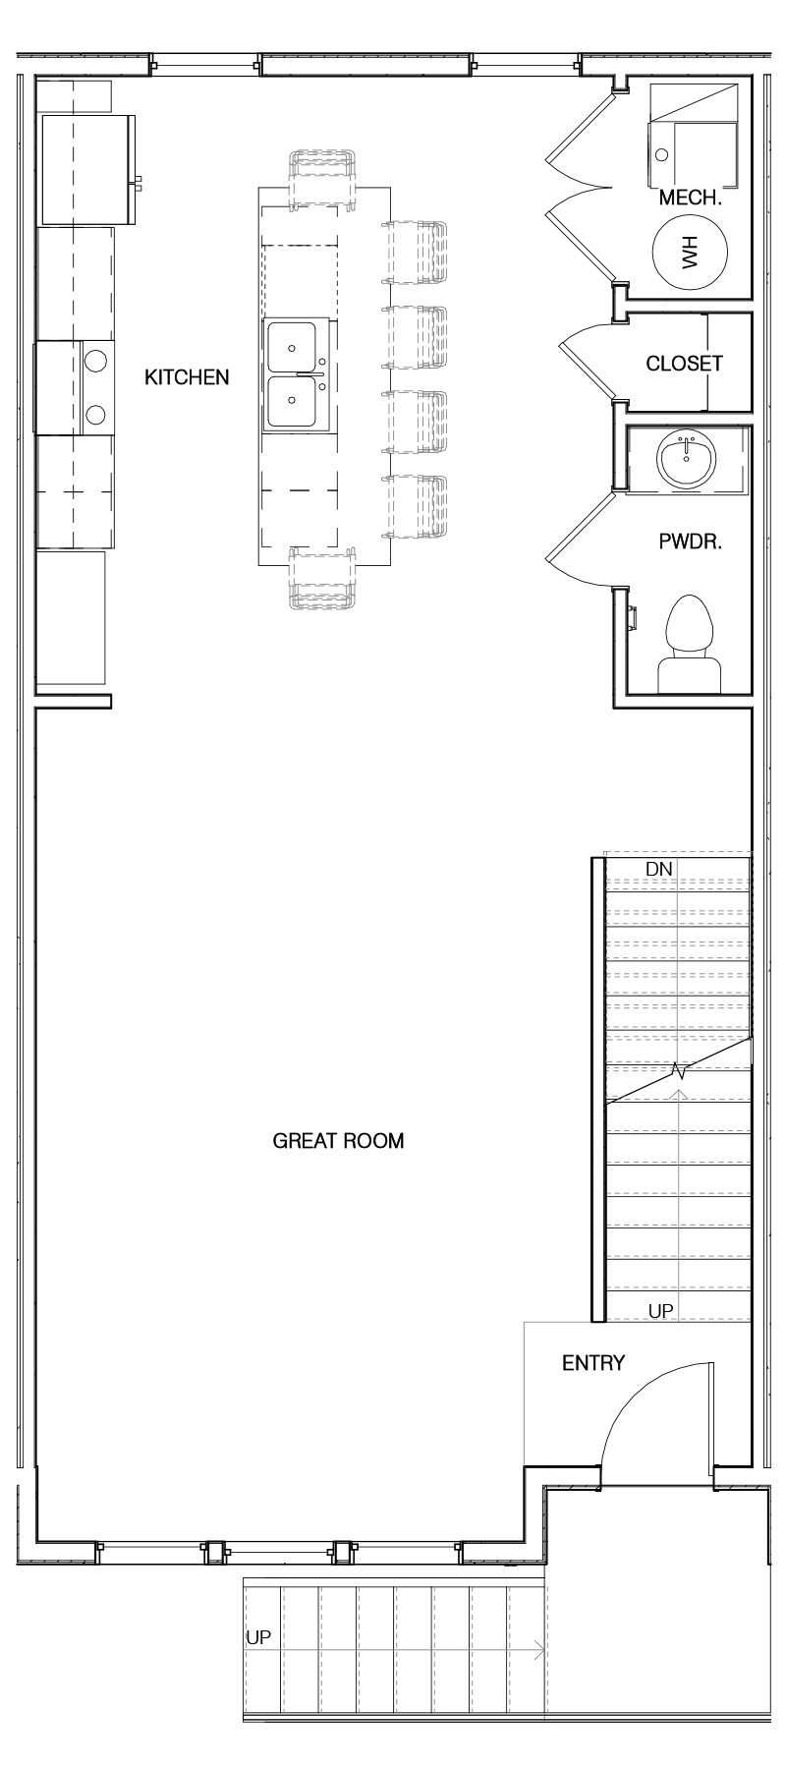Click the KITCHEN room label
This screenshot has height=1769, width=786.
coord(187,377)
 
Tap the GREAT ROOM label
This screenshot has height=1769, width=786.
coord(338,1141)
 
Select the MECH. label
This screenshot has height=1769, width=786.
coord(691,198)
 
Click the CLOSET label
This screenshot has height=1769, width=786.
coord(684,364)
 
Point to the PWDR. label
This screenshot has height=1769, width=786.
coord(690,542)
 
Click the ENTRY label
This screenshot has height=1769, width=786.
coord(593,1363)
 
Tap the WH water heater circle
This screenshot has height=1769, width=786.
coord(691,254)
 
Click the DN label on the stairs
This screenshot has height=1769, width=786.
coord(658,869)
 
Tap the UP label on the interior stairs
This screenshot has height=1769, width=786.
coord(660,1311)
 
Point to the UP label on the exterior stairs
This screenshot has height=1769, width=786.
coord(258,1638)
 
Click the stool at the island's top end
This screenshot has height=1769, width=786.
coord(322,179)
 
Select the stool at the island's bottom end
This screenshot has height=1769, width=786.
coord(322,579)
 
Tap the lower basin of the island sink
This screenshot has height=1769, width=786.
coord(292,402)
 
